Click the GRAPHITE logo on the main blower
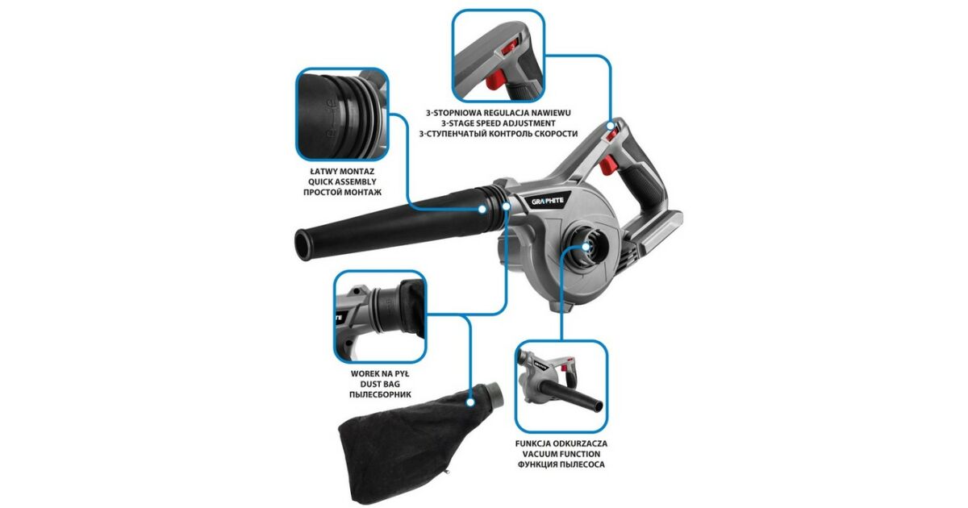pos(548,201)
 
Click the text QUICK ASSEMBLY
pos(342,182)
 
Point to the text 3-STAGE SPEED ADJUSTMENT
pos(499,123)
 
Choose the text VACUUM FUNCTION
pos(561,454)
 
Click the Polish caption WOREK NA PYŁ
pos(380,373)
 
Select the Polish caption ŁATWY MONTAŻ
pos(342,172)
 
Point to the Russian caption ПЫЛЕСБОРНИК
pos(380,394)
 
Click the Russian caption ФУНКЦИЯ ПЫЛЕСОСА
pos(561,464)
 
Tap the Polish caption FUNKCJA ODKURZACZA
pos(561,443)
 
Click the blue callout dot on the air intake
pos(586,247)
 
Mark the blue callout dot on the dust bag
pos(470,402)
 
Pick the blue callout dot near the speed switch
pos(610,126)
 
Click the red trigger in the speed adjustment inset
pos(495,81)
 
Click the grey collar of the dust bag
pos(494,394)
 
